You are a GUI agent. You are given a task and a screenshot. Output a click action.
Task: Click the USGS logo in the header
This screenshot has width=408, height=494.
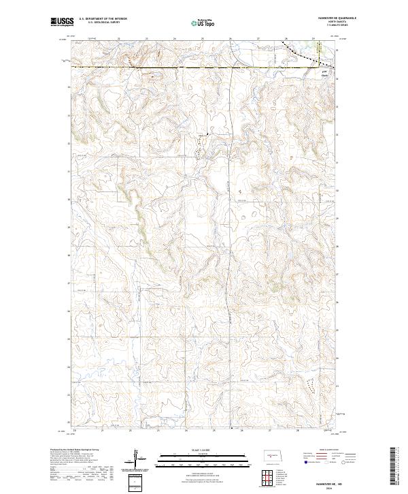(62, 22)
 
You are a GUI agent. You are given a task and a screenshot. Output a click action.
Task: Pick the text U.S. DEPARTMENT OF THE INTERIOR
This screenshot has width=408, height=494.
(103, 19)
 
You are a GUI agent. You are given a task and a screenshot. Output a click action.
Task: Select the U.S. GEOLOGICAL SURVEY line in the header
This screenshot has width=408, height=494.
(98, 22)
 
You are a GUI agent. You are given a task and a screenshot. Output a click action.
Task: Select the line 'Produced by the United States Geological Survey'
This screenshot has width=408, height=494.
(75, 450)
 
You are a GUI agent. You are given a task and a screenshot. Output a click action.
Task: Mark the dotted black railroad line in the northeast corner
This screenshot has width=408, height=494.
(299, 52)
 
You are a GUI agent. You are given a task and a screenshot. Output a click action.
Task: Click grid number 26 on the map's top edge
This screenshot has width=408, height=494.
(231, 39)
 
